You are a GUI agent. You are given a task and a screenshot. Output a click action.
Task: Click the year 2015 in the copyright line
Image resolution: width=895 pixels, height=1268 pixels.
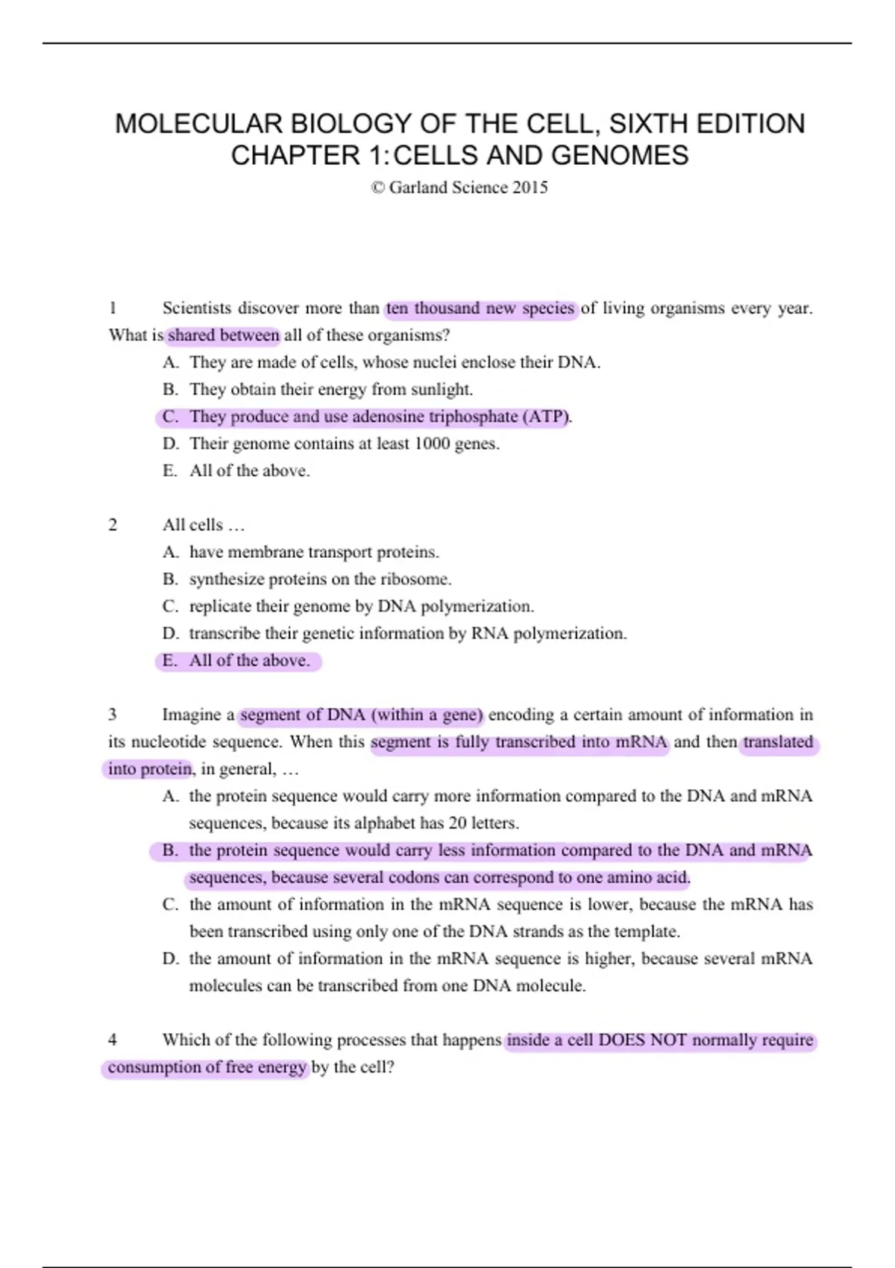[x=530, y=187]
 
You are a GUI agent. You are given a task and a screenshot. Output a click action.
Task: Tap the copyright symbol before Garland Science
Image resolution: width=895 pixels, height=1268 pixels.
[x=377, y=187]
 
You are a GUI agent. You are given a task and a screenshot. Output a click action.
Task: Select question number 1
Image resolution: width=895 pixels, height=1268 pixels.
[x=113, y=308]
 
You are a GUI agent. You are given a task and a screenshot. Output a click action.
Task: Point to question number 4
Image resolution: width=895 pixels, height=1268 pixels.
[x=113, y=1040]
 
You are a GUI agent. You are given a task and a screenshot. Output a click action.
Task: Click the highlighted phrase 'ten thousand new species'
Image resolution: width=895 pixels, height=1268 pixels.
[x=480, y=308]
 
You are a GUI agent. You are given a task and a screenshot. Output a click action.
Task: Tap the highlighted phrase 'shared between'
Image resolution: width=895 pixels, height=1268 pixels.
[x=223, y=335]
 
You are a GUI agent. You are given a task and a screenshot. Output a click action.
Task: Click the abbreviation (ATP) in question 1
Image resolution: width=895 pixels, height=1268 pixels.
[x=546, y=416]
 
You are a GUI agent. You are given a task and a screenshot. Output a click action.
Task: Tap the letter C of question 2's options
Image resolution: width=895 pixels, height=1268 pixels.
[x=170, y=606]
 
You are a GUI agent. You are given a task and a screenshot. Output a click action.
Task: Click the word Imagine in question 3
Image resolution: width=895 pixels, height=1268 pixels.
[x=192, y=715]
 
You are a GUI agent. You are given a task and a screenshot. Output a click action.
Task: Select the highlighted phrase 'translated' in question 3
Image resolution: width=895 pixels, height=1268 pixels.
[x=778, y=741]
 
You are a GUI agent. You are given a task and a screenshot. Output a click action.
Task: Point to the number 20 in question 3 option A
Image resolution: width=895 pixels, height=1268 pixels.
[x=457, y=823]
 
